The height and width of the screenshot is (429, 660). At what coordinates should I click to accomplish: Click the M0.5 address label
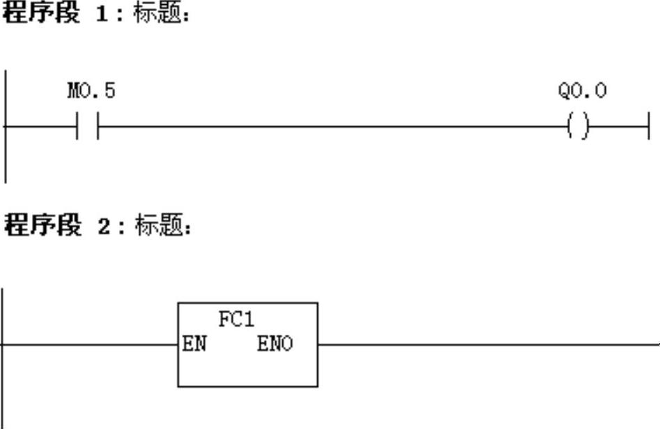click(91, 91)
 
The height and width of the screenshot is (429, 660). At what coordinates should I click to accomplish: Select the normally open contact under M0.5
click(88, 127)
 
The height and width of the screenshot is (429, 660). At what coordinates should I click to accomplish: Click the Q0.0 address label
click(582, 91)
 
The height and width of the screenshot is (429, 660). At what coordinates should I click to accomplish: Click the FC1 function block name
click(237, 320)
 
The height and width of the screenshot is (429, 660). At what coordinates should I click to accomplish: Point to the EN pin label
click(194, 344)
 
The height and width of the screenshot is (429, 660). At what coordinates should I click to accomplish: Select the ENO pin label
click(275, 344)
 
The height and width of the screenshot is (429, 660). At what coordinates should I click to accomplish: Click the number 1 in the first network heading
click(102, 13)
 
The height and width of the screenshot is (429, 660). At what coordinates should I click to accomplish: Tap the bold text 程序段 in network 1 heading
click(42, 13)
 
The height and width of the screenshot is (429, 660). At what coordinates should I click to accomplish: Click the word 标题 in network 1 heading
click(159, 13)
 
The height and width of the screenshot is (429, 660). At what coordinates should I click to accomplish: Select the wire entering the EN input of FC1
click(91, 344)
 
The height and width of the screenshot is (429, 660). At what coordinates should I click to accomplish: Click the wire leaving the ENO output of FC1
click(488, 344)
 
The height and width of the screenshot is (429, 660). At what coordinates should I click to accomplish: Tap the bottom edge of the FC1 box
click(247, 386)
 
